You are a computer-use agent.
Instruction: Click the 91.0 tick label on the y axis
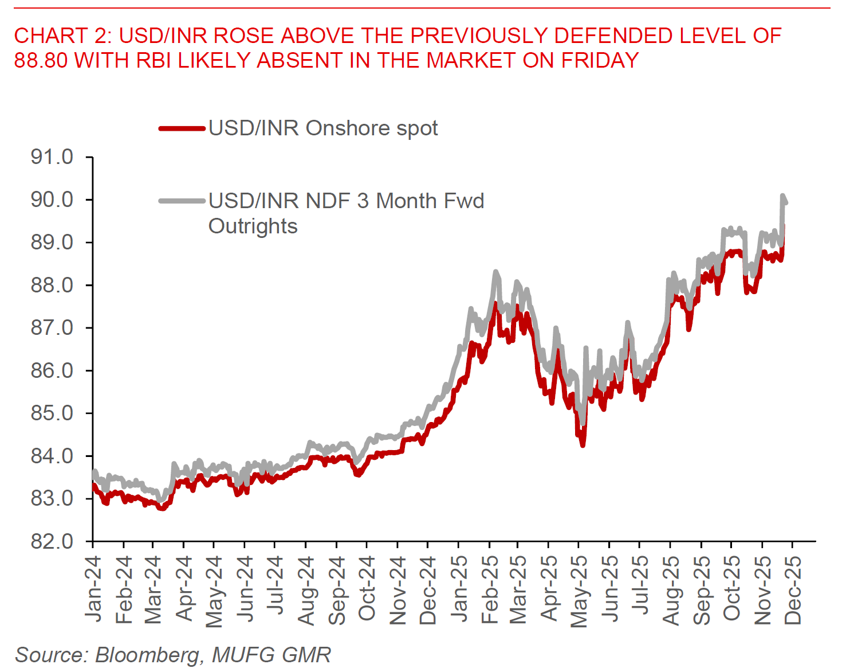(52, 157)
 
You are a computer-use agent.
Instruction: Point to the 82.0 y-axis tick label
(52, 541)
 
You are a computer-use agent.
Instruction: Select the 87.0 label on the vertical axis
(52, 328)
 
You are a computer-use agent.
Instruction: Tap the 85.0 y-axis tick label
(52, 413)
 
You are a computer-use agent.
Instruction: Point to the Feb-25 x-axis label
(490, 590)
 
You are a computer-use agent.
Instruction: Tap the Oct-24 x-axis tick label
(367, 589)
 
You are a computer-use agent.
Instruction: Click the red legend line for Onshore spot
(182, 128)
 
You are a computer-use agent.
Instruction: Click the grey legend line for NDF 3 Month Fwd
(182, 201)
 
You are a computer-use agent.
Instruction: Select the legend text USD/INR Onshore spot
(323, 128)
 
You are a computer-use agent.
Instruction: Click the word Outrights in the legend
(253, 226)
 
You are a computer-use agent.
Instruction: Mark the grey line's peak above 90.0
(782, 196)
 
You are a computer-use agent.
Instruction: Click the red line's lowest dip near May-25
(583, 444)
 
